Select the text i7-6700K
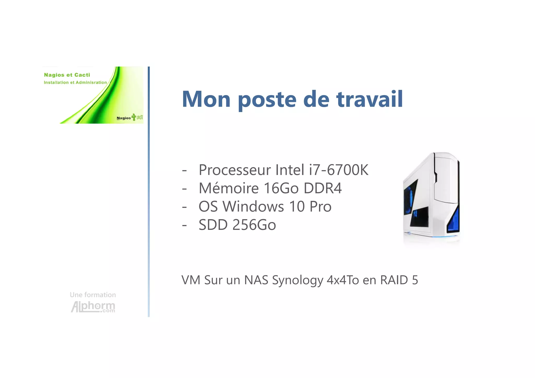[339, 170]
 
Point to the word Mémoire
[229, 188]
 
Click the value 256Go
[254, 225]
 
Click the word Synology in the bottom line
[297, 280]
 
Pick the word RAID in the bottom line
[394, 280]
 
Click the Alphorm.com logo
[93, 306]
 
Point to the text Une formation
[93, 295]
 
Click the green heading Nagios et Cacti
[67, 75]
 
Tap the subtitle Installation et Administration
[75, 83]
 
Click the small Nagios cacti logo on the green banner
[130, 118]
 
